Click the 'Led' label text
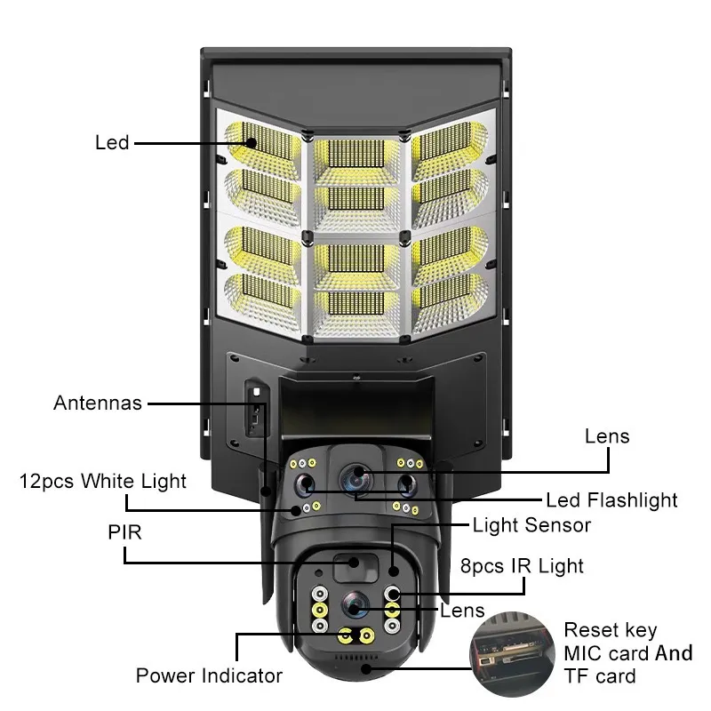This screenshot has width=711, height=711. (112, 142)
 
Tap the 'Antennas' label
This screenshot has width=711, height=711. (98, 403)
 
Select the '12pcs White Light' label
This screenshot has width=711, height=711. (103, 482)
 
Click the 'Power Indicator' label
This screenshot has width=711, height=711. (209, 676)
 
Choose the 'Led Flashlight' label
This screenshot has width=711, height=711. (611, 500)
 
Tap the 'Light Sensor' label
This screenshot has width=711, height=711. (531, 525)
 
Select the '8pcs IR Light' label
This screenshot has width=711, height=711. (521, 566)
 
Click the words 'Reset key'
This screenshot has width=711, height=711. (611, 631)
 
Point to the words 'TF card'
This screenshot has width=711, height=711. (600, 676)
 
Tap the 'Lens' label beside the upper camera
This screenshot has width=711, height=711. (607, 435)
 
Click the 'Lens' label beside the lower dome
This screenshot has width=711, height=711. (463, 610)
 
